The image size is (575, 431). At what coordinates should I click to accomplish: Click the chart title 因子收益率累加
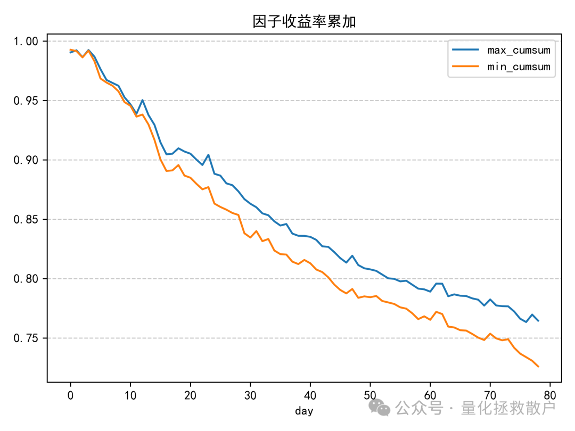tap(304, 21)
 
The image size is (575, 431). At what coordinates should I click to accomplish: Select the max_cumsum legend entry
tap(518, 51)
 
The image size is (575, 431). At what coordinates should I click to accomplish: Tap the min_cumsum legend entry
tap(518, 68)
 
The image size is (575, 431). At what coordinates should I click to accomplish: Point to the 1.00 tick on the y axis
tap(29, 42)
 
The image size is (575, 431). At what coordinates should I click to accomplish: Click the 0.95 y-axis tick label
tap(29, 101)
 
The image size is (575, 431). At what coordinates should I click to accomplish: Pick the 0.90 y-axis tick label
tap(29, 160)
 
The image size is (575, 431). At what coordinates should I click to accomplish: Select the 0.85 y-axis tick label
tap(29, 220)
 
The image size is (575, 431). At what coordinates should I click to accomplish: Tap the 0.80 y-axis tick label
tap(29, 279)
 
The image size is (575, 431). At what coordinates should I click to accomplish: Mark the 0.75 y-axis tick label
tap(29, 338)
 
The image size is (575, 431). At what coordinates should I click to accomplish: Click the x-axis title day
tap(304, 411)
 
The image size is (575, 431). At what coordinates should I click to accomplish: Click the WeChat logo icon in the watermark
tap(380, 408)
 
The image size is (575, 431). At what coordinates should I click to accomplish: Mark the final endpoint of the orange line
tap(538, 367)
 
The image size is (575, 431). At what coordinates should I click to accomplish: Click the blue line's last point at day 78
tap(538, 321)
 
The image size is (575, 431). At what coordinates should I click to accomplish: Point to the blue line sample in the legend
tap(466, 51)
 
